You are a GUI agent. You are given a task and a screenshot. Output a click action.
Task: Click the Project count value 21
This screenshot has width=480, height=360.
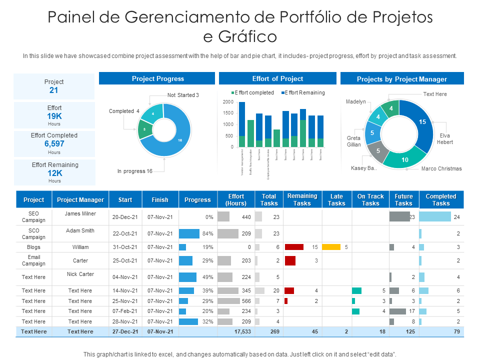pyautogui.click(x=54, y=90)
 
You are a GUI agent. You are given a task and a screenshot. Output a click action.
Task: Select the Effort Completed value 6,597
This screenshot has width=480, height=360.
pyautogui.click(x=54, y=144)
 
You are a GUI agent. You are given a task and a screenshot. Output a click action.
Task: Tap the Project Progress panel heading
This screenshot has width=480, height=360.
pyautogui.click(x=157, y=78)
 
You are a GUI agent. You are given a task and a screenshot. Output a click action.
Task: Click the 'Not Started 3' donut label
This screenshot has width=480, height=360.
pyautogui.click(x=183, y=95)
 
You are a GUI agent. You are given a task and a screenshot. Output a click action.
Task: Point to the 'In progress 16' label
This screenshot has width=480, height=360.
pyautogui.click(x=134, y=171)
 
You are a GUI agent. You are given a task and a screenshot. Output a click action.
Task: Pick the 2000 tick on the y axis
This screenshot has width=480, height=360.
pyautogui.click(x=227, y=102)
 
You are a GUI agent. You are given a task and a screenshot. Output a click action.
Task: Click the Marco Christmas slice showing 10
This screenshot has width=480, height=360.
pyautogui.click(x=404, y=159)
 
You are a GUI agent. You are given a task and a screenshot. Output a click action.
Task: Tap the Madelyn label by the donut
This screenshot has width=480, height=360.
pyautogui.click(x=356, y=101)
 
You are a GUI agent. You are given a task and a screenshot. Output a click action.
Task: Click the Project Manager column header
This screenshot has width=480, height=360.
pyautogui.click(x=80, y=200)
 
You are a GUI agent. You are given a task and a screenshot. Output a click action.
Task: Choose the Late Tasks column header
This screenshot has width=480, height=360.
pyautogui.click(x=336, y=200)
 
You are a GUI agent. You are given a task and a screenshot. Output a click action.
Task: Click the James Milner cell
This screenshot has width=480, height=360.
pyautogui.click(x=80, y=214)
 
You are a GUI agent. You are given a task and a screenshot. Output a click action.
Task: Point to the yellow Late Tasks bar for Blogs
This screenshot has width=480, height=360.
pyautogui.click(x=331, y=247)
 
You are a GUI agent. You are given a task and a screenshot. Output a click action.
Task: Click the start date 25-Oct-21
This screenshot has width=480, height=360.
pyautogui.click(x=125, y=260)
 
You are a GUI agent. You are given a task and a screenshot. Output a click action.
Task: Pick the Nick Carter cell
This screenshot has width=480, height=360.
pyautogui.click(x=80, y=274)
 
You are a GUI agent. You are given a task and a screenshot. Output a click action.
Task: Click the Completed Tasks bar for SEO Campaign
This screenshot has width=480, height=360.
pyautogui.click(x=434, y=217)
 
